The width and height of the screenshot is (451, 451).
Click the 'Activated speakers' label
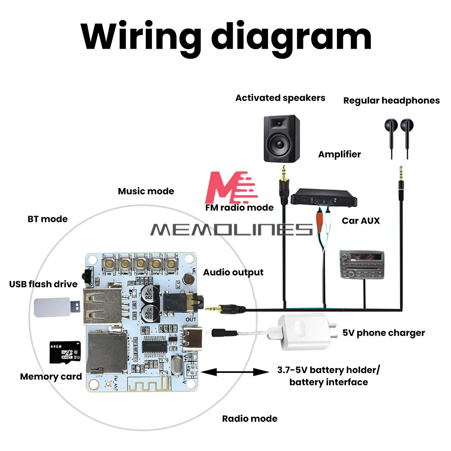pos(280,98)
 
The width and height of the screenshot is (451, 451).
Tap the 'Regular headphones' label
pos(391,101)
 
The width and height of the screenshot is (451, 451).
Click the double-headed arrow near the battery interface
pos(235,372)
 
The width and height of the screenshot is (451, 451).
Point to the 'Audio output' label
pos(233,272)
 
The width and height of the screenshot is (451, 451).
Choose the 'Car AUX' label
pos(360,221)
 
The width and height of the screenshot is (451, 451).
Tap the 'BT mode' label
pos(47,219)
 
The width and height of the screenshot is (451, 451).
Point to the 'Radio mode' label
pos(249,419)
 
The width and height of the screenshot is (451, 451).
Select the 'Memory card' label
pos(51,377)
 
